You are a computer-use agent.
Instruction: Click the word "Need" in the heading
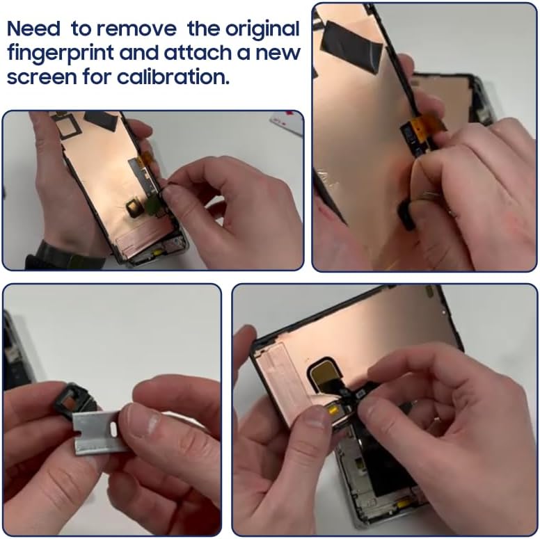click(33, 30)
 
